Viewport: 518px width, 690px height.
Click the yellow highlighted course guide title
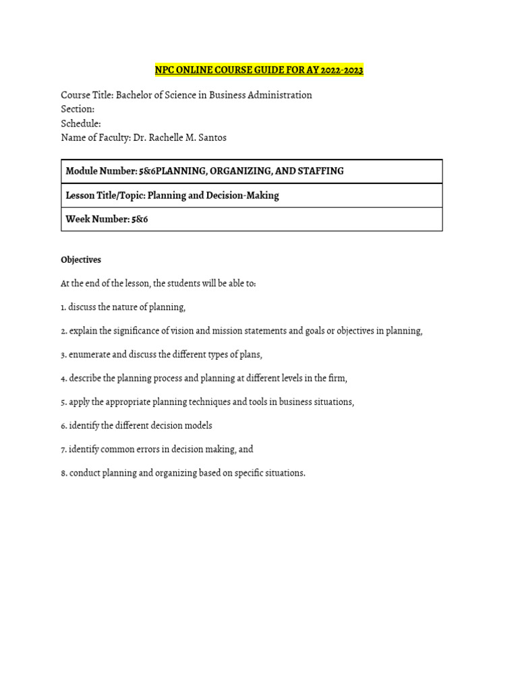pos(259,70)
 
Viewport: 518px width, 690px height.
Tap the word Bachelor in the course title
pos(136,95)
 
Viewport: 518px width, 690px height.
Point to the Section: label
pos(78,109)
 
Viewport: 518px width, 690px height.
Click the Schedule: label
pos(81,123)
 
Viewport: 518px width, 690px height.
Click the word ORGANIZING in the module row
pos(239,171)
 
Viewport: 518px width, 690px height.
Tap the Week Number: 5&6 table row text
pos(107,220)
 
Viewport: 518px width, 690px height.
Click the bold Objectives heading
pos(81,259)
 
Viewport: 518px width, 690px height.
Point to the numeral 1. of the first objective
pos(63,307)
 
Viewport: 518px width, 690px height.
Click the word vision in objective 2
pos(184,331)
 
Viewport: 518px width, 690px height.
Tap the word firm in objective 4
pos(338,378)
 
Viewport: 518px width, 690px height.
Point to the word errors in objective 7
pos(145,449)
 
